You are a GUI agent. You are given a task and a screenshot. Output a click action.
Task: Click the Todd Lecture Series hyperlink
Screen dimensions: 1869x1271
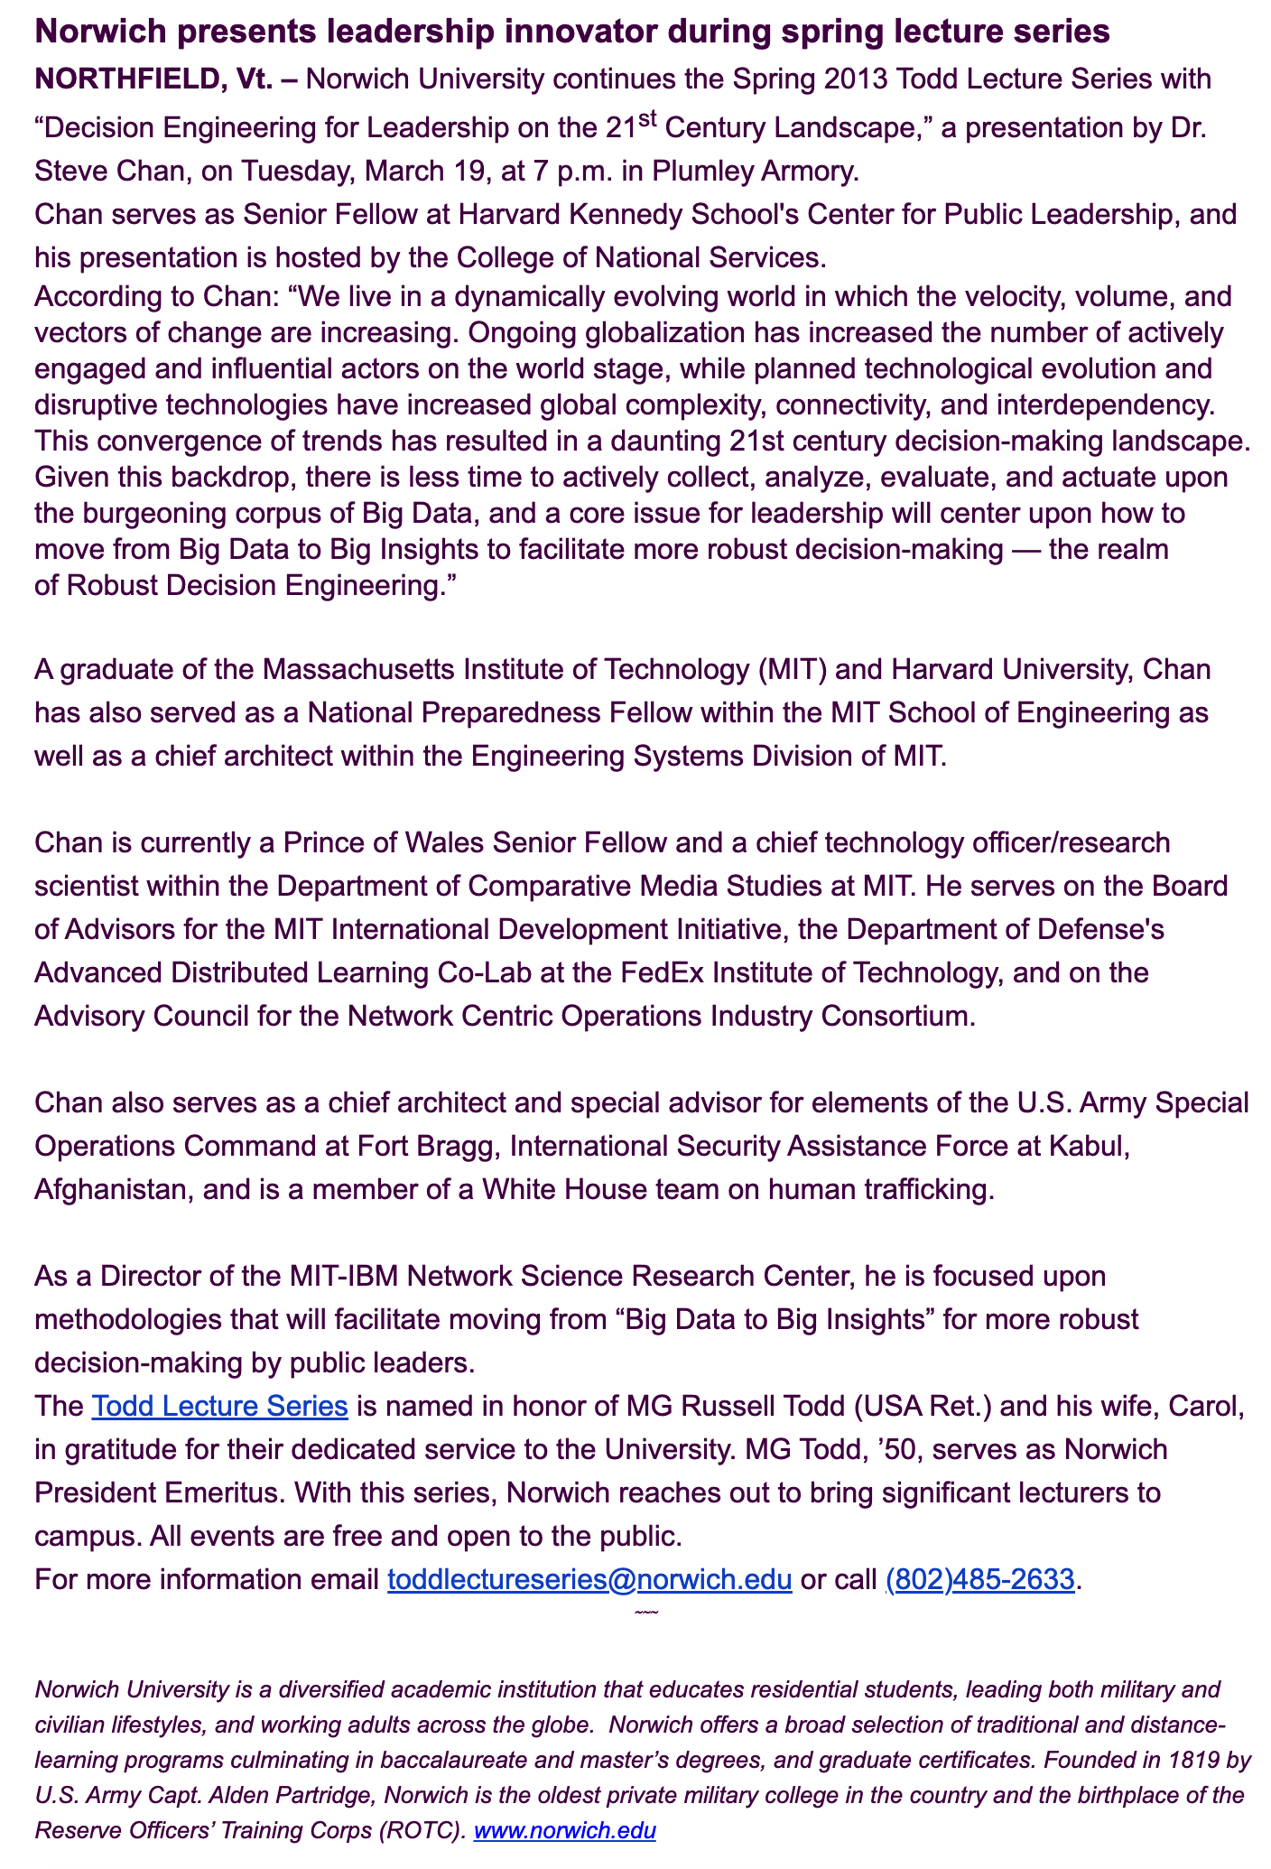click(219, 1406)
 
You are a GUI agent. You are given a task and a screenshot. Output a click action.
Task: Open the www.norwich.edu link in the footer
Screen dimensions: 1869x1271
click(564, 1831)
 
